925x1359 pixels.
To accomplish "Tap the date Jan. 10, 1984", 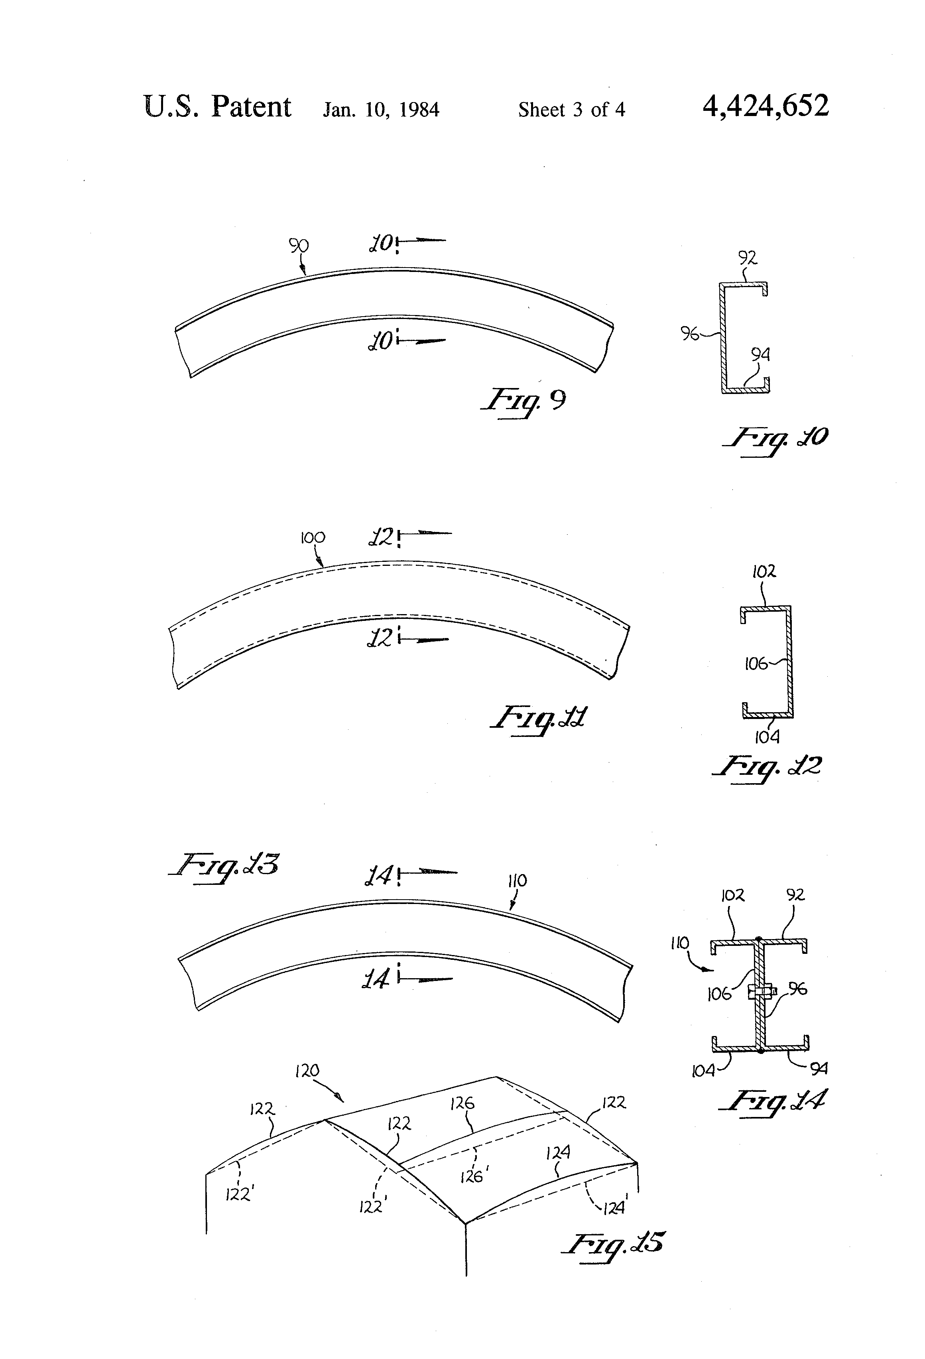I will pyautogui.click(x=381, y=109).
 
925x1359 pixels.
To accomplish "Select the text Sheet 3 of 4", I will pyautogui.click(x=571, y=109).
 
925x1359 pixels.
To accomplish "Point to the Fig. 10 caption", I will pyautogui.click(x=775, y=439).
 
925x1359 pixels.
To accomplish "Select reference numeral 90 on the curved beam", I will pyautogui.click(x=298, y=246).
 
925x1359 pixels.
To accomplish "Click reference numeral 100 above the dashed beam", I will pyautogui.click(x=312, y=538).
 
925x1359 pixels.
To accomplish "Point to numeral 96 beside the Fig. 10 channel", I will pyautogui.click(x=689, y=334).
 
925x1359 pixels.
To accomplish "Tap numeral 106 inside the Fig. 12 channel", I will pyautogui.click(x=756, y=664).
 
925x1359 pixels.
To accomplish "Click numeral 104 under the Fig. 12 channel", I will pyautogui.click(x=767, y=737).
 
